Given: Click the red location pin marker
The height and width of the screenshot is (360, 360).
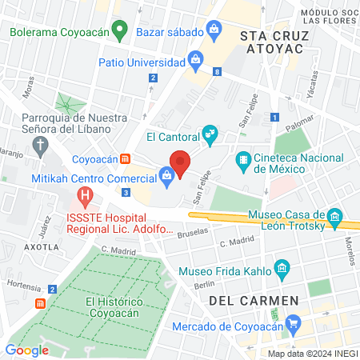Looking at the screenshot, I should tap(180, 163).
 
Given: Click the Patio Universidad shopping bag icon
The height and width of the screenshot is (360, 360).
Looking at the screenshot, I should tap(195, 59).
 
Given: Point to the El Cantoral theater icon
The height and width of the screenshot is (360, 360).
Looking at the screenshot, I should tap(210, 135).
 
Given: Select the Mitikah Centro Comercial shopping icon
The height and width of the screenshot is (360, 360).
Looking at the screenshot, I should tap(166, 174).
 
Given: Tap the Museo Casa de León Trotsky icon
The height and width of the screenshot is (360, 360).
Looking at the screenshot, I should tap(335, 217).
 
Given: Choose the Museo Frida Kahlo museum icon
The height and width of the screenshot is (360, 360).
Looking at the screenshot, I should tap(281, 268).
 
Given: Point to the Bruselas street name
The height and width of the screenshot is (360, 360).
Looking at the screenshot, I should tap(192, 230).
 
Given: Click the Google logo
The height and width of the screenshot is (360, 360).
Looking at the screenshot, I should tap(26, 350).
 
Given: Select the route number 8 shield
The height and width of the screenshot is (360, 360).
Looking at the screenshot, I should tap(217, 72).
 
